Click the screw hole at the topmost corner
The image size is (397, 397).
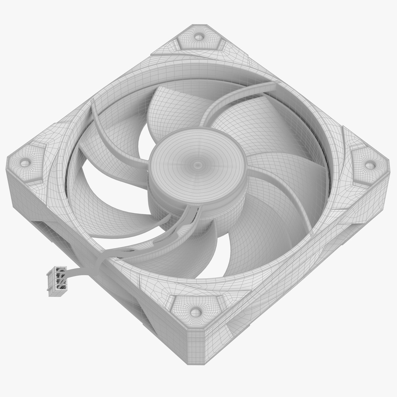[199, 36]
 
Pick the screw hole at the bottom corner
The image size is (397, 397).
[194, 312]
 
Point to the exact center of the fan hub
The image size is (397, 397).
[197, 164]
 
